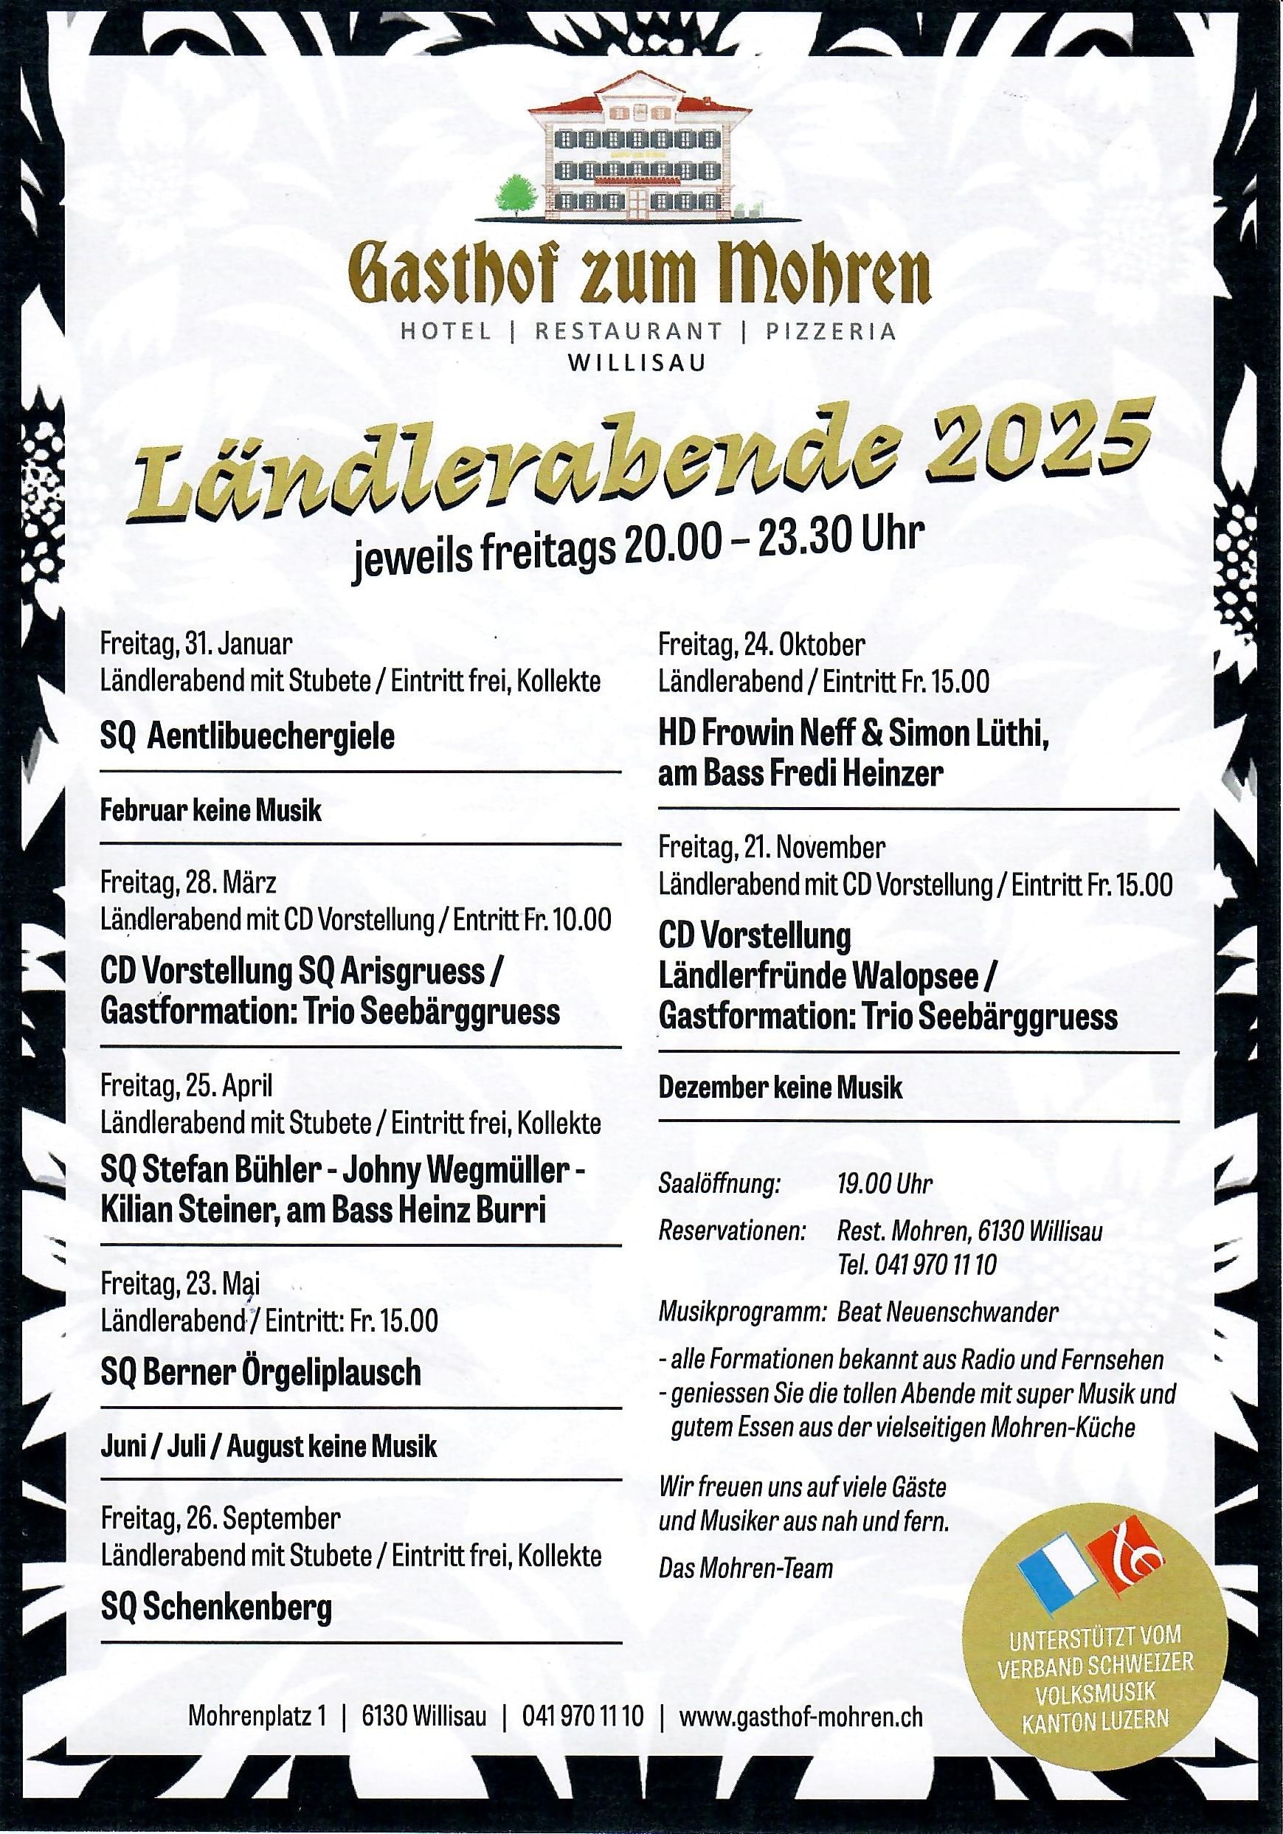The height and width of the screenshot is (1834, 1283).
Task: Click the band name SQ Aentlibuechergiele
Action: tap(248, 736)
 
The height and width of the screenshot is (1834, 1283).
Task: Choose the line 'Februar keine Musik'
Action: tap(211, 812)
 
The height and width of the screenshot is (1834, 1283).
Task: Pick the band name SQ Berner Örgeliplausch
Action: tap(260, 1372)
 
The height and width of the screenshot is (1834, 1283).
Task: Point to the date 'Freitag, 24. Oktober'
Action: tap(761, 644)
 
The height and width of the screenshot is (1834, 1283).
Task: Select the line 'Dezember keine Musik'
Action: tap(780, 1088)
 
